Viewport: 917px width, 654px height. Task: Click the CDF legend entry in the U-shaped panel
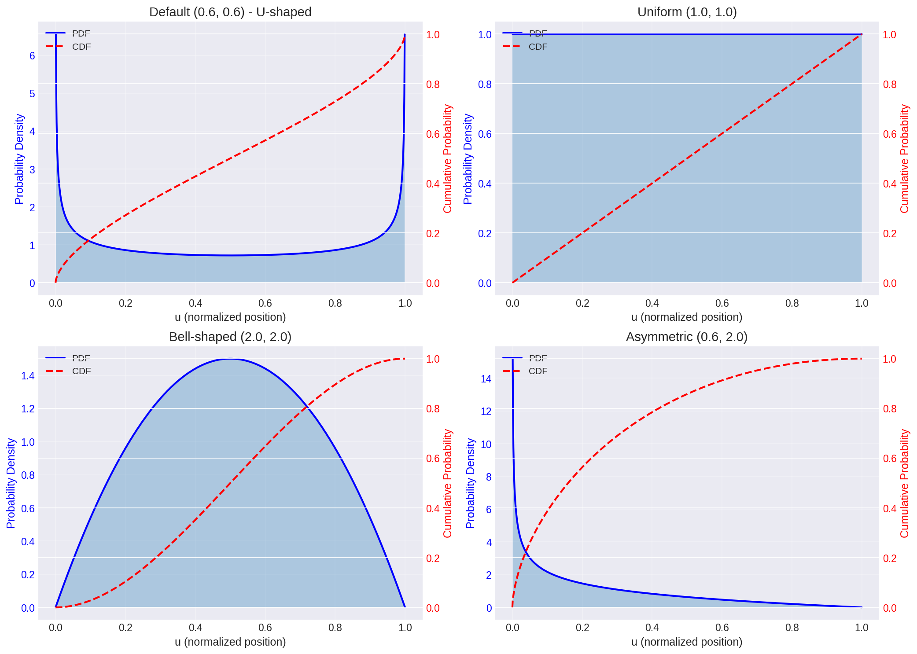click(x=81, y=47)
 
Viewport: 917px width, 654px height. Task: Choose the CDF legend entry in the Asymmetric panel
click(x=538, y=371)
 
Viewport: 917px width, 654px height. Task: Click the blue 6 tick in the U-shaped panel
click(x=32, y=56)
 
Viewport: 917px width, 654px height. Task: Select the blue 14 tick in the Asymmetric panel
click(x=486, y=379)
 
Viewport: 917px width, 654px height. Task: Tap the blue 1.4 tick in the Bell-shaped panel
click(x=28, y=376)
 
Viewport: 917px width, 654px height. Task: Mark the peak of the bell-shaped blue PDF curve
click(x=230, y=359)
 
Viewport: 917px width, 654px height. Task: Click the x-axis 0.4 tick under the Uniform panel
click(x=652, y=303)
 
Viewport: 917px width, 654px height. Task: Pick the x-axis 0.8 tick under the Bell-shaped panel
click(x=335, y=628)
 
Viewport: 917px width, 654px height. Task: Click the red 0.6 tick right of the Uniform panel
click(x=889, y=134)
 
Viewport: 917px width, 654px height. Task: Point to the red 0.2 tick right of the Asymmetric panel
click(x=889, y=558)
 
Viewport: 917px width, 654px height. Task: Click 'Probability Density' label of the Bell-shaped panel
click(x=11, y=483)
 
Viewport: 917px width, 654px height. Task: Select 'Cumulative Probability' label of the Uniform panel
click(x=904, y=159)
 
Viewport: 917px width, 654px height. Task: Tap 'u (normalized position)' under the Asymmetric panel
click(x=687, y=642)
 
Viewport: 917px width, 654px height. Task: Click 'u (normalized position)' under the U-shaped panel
click(x=230, y=317)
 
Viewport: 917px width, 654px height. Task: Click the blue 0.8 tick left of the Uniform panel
click(x=485, y=85)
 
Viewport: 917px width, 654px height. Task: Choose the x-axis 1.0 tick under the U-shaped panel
click(x=405, y=303)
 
